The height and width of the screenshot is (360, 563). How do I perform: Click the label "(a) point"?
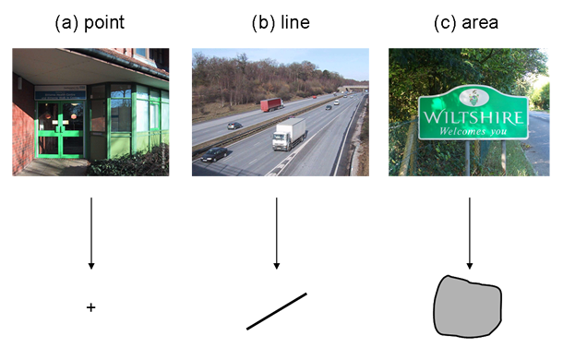coord(90,23)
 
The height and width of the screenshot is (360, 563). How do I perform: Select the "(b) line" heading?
coord(280,23)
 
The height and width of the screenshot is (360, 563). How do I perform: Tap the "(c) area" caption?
coord(466,23)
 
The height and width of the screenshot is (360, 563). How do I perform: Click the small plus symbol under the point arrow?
coord(90,306)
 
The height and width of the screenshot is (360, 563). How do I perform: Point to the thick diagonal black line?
coord(276,311)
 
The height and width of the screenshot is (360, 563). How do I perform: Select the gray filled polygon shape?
coord(468,306)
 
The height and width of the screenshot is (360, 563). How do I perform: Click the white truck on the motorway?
coord(288,136)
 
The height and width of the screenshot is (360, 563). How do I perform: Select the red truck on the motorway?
coord(271,104)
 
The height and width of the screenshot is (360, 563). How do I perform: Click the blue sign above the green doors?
coord(60,92)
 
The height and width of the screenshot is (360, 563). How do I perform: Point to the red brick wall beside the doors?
coord(23,120)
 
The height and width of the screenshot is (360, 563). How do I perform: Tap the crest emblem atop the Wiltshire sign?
coord(473,96)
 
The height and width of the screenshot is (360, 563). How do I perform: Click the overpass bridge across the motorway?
coord(350,90)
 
